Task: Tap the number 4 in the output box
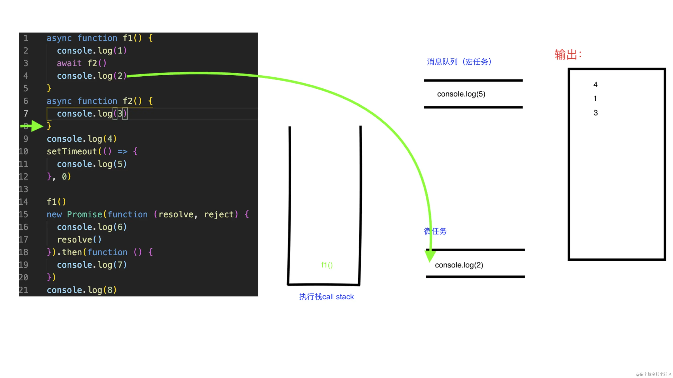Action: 595,84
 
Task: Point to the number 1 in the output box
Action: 595,99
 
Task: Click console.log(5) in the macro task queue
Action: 461,94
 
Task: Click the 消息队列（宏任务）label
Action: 459,62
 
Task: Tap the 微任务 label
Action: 435,231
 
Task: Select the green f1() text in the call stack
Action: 327,265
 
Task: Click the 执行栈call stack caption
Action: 326,297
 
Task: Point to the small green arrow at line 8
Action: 33,126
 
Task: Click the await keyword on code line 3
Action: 69,63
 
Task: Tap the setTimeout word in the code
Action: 72,151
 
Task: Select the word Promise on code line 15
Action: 84,214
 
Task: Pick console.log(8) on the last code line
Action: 81,290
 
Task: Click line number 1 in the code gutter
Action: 26,38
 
